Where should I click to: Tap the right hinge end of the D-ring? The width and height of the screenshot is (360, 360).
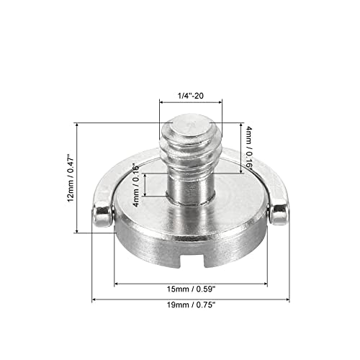click(x=278, y=213)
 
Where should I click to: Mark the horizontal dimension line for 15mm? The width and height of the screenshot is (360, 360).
click(x=191, y=282)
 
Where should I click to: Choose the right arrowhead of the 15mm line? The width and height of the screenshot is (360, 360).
click(x=265, y=282)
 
